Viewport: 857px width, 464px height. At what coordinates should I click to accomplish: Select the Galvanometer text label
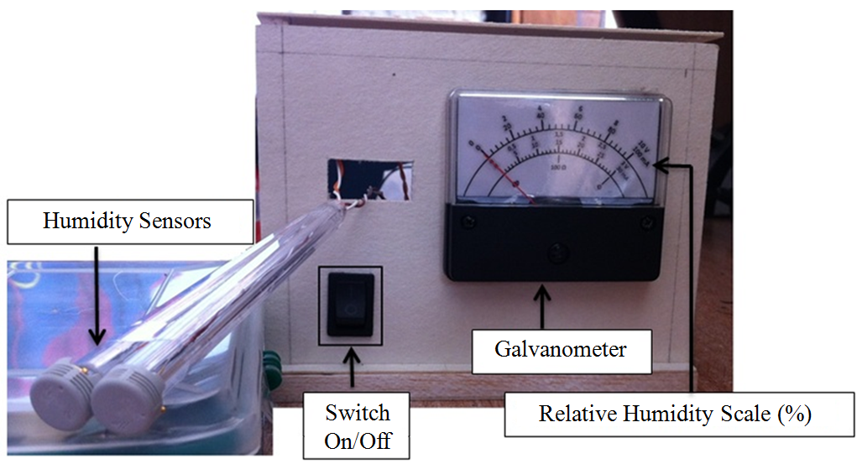561,348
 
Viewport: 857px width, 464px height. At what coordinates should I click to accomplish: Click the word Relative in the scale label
572,414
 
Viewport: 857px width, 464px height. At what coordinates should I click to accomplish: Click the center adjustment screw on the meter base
556,251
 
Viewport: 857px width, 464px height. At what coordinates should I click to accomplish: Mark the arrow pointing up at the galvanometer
542,306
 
